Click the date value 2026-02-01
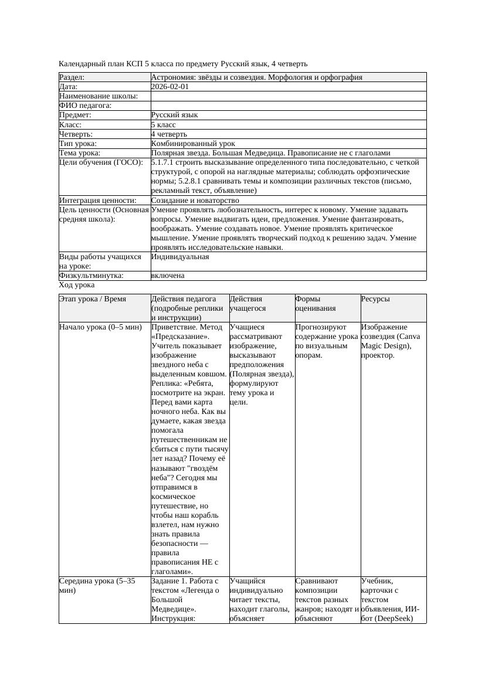tap(170, 87)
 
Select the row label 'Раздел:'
tap(72, 77)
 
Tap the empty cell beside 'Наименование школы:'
tap(288, 96)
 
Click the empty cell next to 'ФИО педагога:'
tap(288, 106)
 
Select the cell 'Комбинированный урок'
tap(193, 144)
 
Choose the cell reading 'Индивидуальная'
tap(180, 257)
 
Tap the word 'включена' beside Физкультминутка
tap(168, 276)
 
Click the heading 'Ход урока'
tap(77, 285)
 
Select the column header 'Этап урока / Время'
tap(93, 299)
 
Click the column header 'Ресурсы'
tap(375, 299)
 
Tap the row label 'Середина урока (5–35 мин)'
tap(97, 586)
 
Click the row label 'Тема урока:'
tap(81, 153)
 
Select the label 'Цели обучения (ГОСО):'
tap(101, 162)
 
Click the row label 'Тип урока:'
tap(78, 144)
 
